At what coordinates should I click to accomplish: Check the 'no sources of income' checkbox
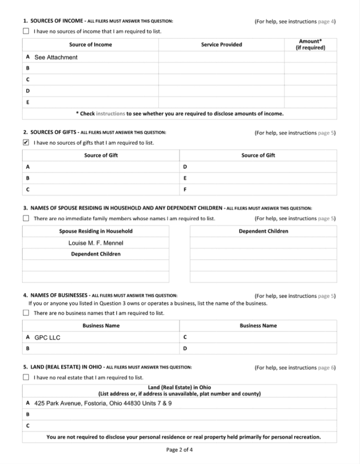click(26, 32)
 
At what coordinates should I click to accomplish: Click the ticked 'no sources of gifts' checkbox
click(26, 143)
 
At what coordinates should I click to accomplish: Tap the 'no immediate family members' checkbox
click(26, 218)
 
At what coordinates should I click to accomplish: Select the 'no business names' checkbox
click(26, 313)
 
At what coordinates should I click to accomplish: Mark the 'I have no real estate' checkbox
click(26, 377)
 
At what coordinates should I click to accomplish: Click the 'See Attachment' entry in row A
click(56, 57)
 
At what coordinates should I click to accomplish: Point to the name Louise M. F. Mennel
click(96, 243)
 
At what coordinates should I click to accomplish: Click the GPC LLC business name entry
click(47, 337)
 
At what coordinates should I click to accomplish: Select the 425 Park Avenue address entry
click(103, 403)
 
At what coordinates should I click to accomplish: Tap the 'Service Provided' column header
click(221, 45)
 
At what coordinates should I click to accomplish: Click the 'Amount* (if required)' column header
click(310, 45)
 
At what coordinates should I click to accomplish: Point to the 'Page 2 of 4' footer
click(180, 450)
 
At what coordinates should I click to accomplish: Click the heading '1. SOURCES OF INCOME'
click(53, 21)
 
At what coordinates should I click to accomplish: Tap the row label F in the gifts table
click(185, 190)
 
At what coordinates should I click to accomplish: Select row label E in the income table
click(28, 102)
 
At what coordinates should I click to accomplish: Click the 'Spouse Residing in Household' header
click(96, 231)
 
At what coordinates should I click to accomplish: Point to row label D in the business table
click(185, 348)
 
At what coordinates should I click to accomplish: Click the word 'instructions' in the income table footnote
click(110, 114)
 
